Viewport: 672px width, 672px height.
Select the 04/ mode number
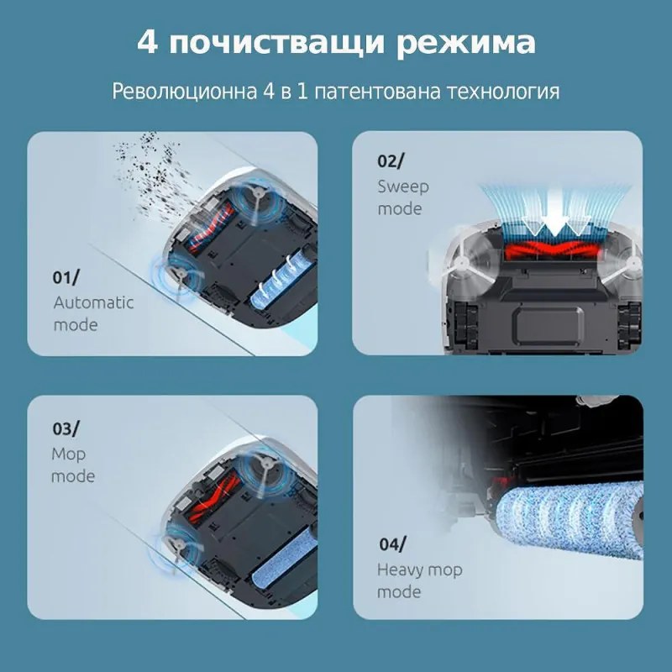391,544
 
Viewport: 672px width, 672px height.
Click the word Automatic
93,302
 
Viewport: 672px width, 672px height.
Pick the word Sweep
403,186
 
